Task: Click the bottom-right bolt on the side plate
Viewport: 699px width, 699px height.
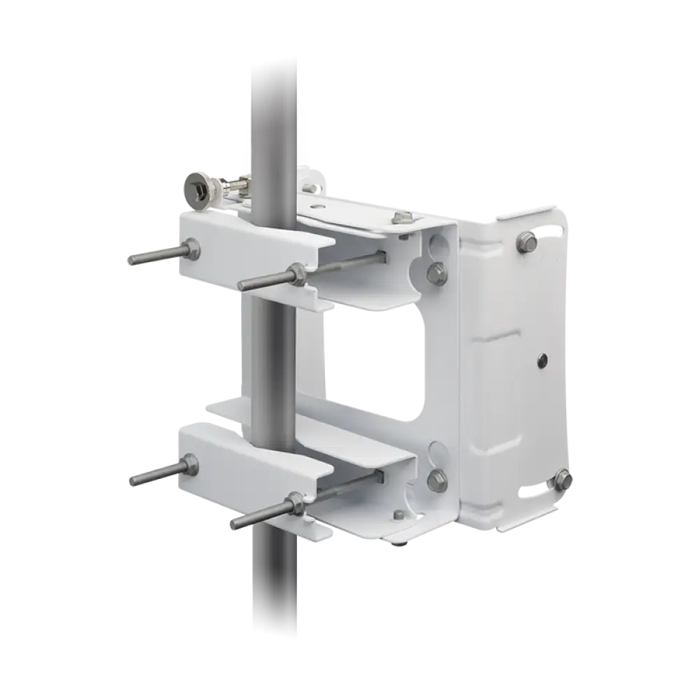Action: click(x=563, y=480)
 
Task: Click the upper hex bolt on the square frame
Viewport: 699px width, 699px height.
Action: click(x=436, y=273)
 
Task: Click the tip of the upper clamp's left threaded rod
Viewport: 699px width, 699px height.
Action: click(x=131, y=260)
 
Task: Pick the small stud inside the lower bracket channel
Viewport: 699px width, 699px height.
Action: click(x=398, y=515)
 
